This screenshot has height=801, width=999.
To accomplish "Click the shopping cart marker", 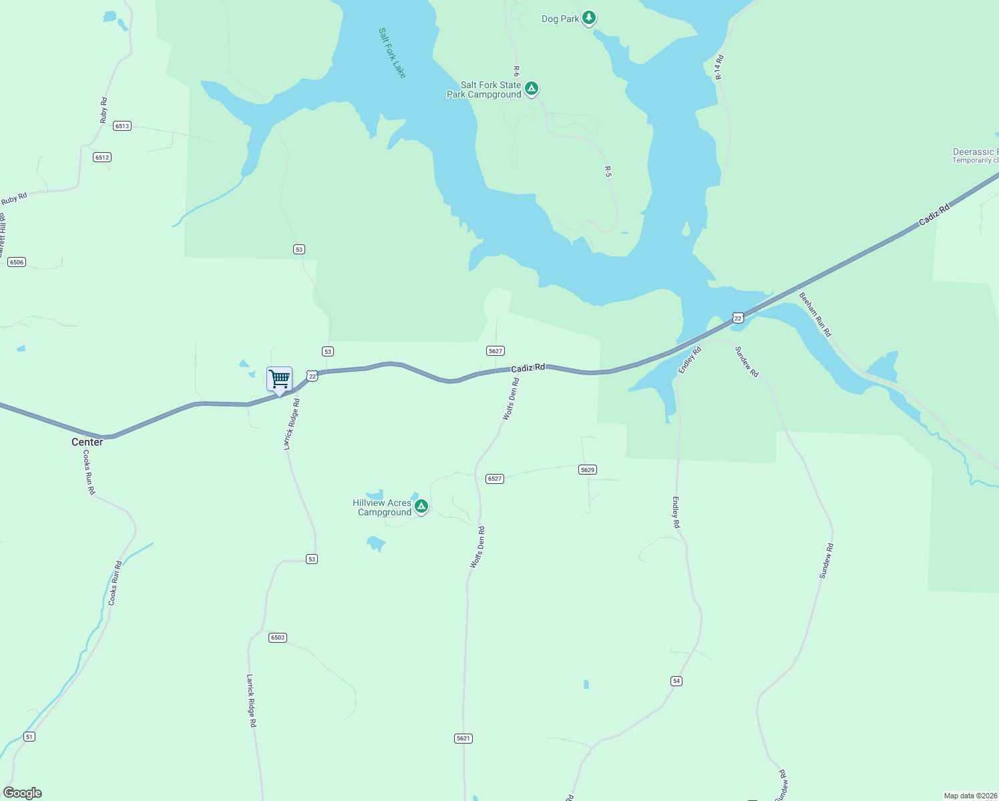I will click(x=279, y=379).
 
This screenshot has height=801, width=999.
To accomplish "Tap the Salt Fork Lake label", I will click(x=392, y=53).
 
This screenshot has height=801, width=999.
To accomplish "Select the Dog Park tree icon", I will click(x=588, y=17).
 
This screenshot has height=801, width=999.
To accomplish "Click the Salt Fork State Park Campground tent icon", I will click(x=532, y=89).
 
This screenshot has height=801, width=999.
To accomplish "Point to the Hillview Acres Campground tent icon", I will click(x=421, y=507).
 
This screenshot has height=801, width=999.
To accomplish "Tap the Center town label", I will click(x=87, y=442).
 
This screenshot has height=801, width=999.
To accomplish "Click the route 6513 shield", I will click(x=122, y=125).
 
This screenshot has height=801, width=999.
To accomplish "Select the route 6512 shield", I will click(x=102, y=158).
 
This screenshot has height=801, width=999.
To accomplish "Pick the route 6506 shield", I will click(x=17, y=262).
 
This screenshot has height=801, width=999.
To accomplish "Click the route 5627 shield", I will click(x=495, y=351).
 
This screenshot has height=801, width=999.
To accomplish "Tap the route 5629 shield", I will click(x=587, y=470).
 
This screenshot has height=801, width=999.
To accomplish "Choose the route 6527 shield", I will click(x=494, y=479).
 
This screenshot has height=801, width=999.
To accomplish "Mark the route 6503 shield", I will click(x=277, y=637).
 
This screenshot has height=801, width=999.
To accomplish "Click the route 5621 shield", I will click(x=463, y=738).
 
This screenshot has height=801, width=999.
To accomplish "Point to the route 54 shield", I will click(x=676, y=681).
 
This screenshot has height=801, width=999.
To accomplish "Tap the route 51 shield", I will click(x=29, y=736).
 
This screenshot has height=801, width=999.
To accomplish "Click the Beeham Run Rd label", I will click(x=815, y=314).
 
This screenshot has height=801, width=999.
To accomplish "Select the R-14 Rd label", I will click(x=719, y=67).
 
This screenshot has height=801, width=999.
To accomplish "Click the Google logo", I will click(x=23, y=793).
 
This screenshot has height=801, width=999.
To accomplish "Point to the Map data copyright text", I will click(x=970, y=796).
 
